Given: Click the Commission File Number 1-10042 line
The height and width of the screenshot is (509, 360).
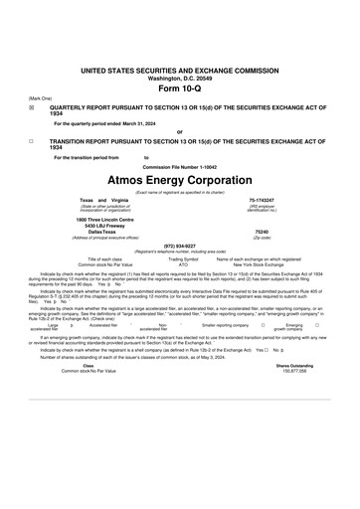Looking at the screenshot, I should click(x=180, y=165).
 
